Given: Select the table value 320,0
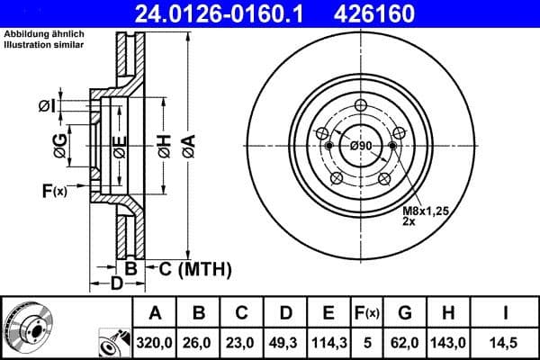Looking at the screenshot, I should pyautogui.click(x=156, y=343).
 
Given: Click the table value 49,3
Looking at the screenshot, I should pyautogui.click(x=285, y=343).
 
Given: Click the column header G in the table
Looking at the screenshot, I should pyautogui.click(x=405, y=312).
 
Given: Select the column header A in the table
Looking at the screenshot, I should pyautogui.click(x=156, y=312).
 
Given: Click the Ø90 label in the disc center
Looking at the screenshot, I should pyautogui.click(x=361, y=146).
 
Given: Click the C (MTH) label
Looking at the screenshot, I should pyautogui.click(x=190, y=268).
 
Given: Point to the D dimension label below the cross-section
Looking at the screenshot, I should pyautogui.click(x=115, y=285).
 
